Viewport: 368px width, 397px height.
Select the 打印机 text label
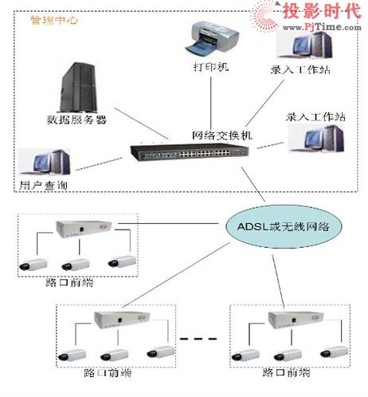[210, 67]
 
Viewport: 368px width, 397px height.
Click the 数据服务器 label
[76, 120]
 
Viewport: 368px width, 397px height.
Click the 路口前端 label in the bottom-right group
[284, 372]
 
